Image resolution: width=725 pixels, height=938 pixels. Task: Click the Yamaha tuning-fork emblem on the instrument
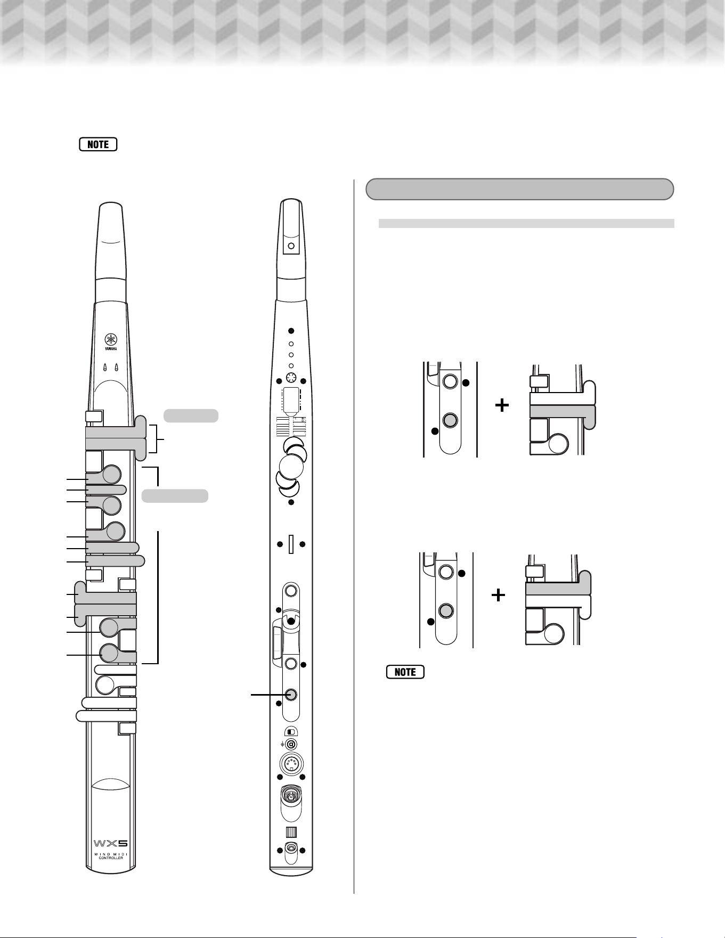[111, 340]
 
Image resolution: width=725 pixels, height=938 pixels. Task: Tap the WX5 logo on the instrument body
[111, 843]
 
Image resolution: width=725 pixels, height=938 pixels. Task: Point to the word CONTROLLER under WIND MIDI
[111, 858]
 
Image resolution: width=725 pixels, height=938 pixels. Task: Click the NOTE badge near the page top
[98, 144]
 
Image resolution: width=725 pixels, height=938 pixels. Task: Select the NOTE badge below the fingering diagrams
[405, 672]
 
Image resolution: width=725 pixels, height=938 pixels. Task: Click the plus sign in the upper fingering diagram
[502, 406]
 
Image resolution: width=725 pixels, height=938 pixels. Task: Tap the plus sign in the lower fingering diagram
[498, 594]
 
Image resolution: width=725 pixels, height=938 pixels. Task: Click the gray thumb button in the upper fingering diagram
[450, 420]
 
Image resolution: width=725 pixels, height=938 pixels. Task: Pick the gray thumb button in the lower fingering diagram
[446, 610]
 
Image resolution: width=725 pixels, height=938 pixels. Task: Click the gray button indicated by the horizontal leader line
[291, 695]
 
